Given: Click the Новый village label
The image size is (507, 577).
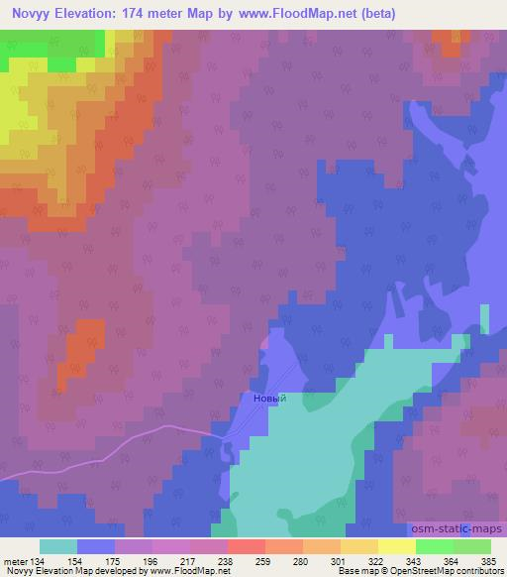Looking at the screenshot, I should pyautogui.click(x=270, y=399).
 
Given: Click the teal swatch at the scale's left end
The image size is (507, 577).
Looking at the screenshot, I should pyautogui.click(x=58, y=546).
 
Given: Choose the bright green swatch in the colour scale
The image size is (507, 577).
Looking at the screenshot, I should pyautogui.click(x=435, y=546).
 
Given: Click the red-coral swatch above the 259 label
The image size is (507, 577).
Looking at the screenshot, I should pyautogui.click(x=247, y=546).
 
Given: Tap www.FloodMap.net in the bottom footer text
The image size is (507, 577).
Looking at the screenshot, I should pyautogui.click(x=189, y=571).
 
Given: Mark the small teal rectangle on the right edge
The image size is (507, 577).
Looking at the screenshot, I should pyautogui.click(x=484, y=319).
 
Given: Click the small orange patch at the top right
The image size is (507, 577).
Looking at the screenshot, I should pyautogui.click(x=453, y=41).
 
